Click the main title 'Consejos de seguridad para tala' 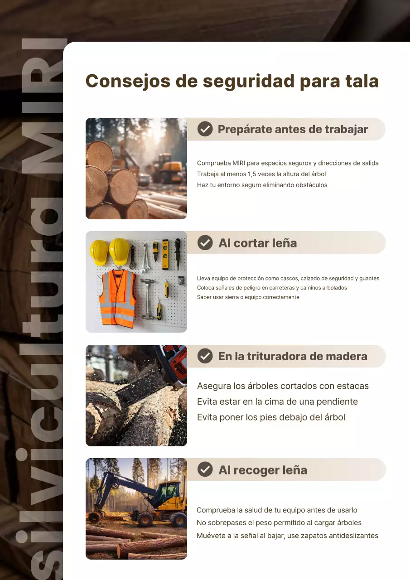click(x=232, y=81)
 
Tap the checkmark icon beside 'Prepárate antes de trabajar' click(x=205, y=129)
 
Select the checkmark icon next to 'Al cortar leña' click(x=205, y=243)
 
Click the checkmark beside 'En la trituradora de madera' click(x=205, y=356)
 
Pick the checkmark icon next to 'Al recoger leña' click(x=205, y=470)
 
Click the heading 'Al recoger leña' click(x=263, y=470)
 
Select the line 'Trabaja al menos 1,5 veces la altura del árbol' click(x=261, y=174)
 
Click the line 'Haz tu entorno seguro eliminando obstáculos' click(x=262, y=185)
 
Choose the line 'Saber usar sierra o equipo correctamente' click(x=248, y=297)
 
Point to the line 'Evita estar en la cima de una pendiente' click(x=277, y=402)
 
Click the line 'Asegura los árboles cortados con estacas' click(x=283, y=387)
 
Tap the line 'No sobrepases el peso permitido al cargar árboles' click(x=279, y=523)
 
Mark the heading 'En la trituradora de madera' click(x=293, y=356)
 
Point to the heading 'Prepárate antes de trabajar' click(x=293, y=129)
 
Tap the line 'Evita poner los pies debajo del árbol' click(x=271, y=417)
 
